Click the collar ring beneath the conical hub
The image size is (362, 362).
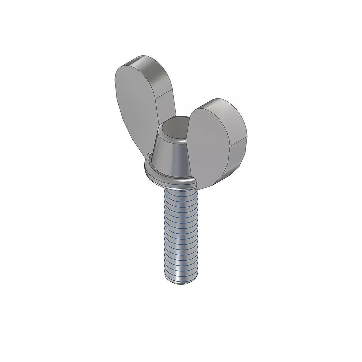(171, 179)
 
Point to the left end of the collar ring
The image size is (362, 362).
(145, 169)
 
